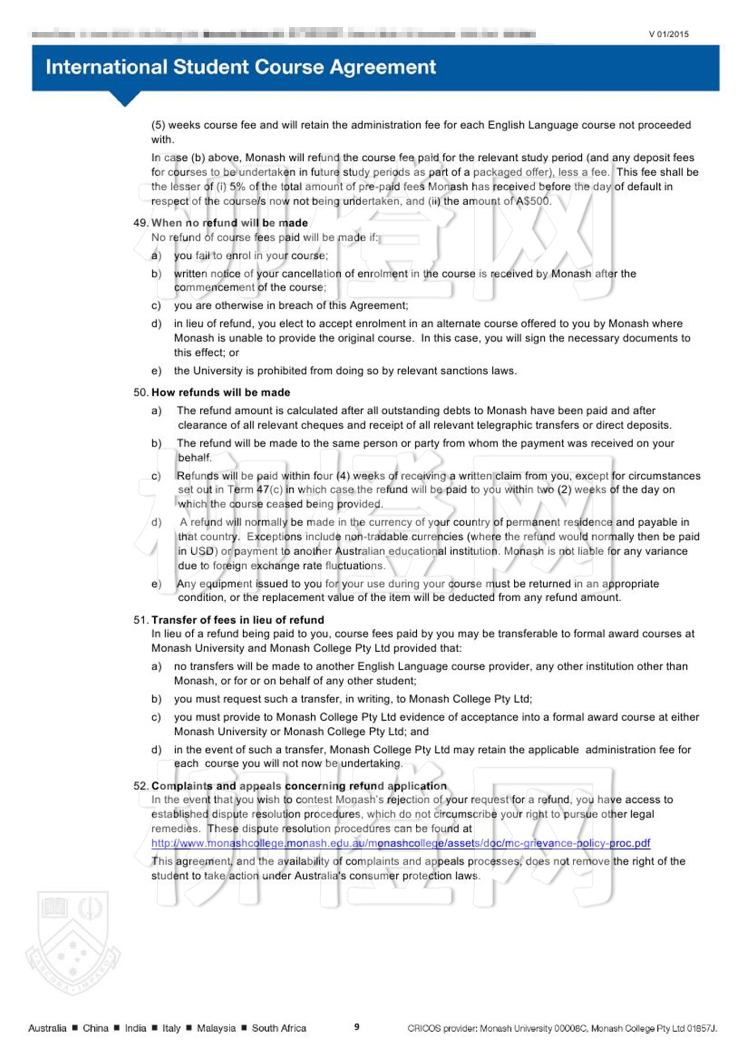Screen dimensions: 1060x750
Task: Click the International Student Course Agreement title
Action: (241, 67)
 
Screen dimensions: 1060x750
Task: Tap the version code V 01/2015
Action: (668, 34)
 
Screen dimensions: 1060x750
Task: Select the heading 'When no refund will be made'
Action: (229, 223)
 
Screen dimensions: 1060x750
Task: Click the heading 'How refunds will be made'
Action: (221, 392)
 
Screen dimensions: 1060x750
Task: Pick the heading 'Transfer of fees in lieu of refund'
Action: (237, 620)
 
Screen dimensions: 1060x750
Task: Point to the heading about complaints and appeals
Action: (298, 786)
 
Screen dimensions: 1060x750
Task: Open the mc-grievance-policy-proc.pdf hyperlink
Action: (400, 843)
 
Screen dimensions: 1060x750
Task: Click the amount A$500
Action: (532, 201)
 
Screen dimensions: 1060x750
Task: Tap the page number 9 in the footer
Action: (357, 1027)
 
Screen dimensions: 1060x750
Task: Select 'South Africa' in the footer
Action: (279, 1028)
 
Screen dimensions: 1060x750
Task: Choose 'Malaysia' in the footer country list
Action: (216, 1028)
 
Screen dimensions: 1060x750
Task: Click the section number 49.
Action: (140, 223)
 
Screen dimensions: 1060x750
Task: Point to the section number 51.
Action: (140, 620)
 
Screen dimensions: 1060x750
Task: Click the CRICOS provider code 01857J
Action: (701, 1028)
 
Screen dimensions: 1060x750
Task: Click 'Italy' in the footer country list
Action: (171, 1028)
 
